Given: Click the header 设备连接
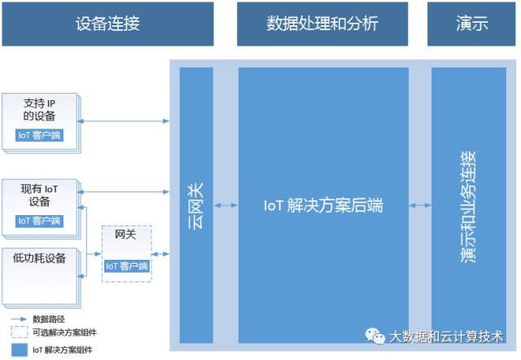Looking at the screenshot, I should pos(107,24).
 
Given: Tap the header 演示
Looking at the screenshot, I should pos(472,24).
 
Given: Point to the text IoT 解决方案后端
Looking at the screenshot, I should pos(323,206).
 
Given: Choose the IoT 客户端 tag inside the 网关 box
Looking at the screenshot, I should pos(126,266).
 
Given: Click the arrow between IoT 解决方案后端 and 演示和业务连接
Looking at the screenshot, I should pos(420,206).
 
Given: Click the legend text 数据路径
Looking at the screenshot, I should pos(48,318).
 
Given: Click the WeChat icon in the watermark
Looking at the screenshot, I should pos(375,336).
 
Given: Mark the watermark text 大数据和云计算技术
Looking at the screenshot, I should pos(446,336).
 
